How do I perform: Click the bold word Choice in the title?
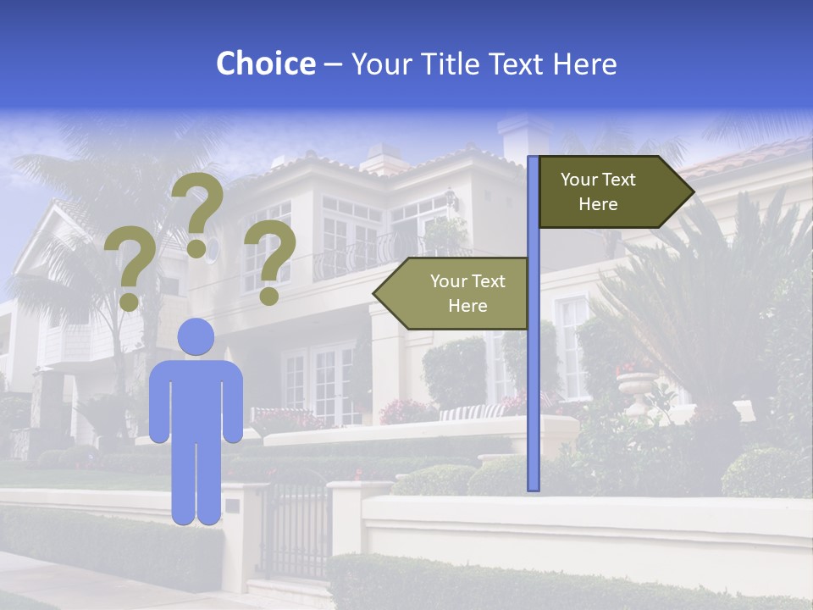click(x=265, y=64)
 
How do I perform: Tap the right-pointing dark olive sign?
click(x=610, y=192)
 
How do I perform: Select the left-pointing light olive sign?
click(x=454, y=293)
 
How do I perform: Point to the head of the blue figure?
click(x=196, y=336)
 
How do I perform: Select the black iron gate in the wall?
click(x=296, y=530)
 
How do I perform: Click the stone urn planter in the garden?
click(x=636, y=390)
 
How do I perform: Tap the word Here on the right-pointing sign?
click(x=598, y=204)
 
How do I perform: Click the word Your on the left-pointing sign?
click(x=450, y=281)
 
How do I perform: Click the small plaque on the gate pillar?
click(x=232, y=506)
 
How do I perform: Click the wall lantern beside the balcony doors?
click(x=451, y=199)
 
